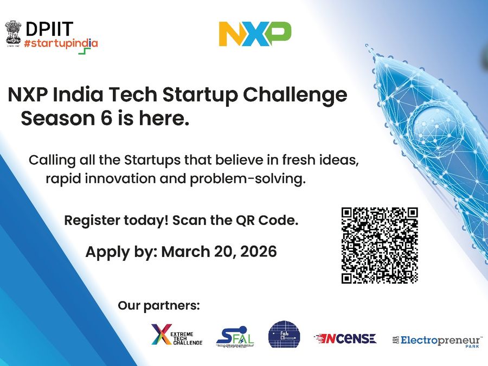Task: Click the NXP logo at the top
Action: tap(255, 34)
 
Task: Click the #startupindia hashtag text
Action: tap(61, 43)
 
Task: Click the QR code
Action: tap(380, 245)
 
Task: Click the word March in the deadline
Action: tap(185, 252)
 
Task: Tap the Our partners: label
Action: tap(159, 305)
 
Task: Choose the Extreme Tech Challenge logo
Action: tap(177, 335)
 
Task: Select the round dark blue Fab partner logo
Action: tap(284, 335)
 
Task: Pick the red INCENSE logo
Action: tap(345, 338)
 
